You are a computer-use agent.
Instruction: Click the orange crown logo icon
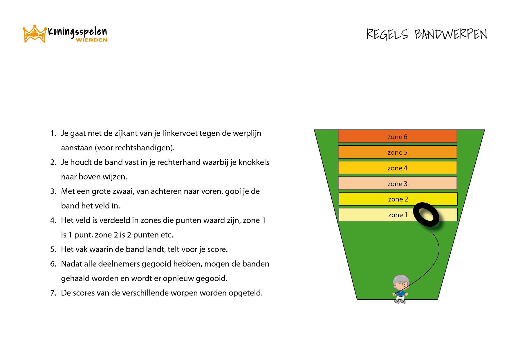35,34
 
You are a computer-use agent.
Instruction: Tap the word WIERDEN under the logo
92,40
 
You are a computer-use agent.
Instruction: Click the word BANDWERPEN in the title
451,34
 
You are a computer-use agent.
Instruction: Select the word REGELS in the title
387,34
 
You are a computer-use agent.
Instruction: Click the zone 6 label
397,137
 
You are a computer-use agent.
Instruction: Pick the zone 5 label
397,152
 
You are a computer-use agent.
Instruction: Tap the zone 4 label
397,168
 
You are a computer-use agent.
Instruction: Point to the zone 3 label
397,184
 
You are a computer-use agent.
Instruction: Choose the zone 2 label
398,199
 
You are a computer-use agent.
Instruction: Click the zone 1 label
398,215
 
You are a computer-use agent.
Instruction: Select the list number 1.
53,133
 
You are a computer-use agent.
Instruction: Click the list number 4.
53,220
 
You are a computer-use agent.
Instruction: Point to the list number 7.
53,293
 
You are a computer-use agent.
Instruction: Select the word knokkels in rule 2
254,162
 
